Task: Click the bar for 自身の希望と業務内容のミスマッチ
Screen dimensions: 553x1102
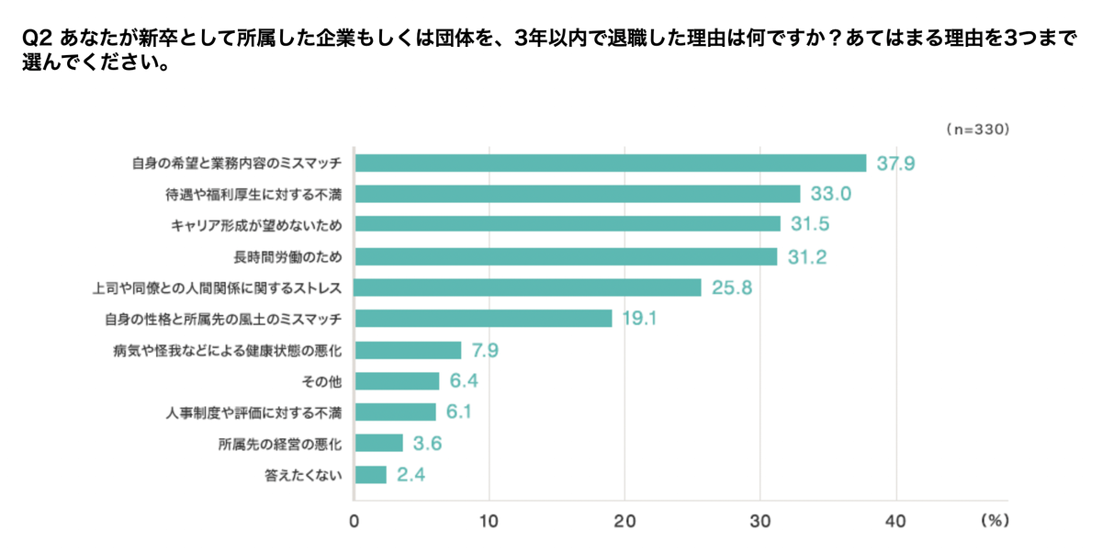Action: point(611,163)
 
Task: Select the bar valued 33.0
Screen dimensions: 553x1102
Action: point(578,194)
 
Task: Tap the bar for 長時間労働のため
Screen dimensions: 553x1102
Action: point(566,256)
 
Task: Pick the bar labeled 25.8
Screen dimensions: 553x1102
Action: point(528,288)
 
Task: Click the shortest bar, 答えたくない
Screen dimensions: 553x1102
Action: point(371,474)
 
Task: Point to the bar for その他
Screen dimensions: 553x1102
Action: point(398,380)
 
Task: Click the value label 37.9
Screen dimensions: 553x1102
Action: point(894,164)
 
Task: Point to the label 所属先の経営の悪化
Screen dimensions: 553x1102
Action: point(280,444)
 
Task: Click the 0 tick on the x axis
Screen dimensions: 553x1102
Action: point(354,521)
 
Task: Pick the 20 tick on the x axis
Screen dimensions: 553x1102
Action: point(624,521)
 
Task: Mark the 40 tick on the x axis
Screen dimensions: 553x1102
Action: point(895,521)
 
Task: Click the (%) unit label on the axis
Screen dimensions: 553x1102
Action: point(995,521)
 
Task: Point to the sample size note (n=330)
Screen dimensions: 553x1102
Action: point(977,130)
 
